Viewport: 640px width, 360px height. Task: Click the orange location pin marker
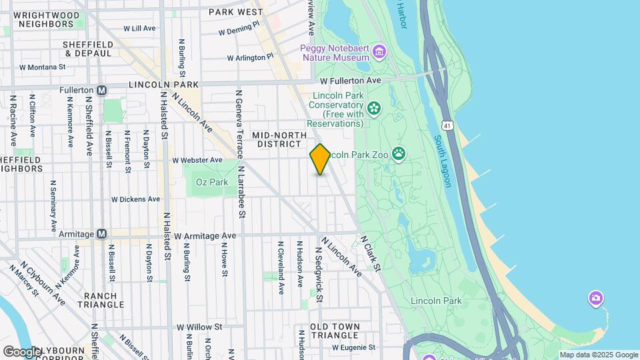click(320, 159)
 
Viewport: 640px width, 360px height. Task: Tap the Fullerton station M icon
click(102, 90)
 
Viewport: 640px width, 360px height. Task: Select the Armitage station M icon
click(101, 234)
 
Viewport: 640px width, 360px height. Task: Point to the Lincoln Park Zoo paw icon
click(399, 155)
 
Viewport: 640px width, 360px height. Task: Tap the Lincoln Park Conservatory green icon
click(373, 107)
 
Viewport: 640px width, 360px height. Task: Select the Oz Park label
click(212, 182)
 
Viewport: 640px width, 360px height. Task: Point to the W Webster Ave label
click(197, 160)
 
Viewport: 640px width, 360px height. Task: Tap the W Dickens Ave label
click(135, 199)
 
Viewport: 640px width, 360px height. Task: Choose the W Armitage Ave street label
click(205, 236)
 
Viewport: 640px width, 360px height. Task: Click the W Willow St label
click(199, 327)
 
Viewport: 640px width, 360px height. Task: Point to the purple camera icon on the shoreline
click(596, 297)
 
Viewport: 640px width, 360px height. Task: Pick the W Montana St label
click(43, 67)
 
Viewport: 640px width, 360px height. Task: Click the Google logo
click(21, 351)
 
